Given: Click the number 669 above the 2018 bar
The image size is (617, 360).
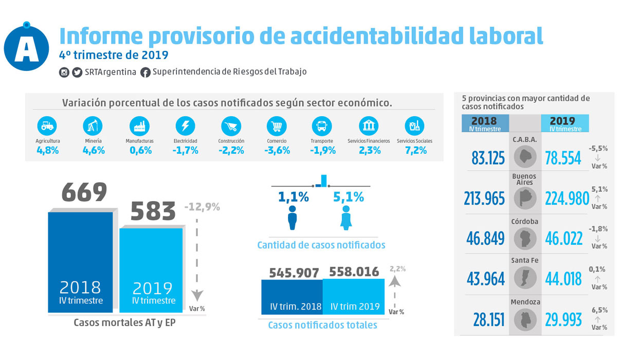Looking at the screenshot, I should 84,192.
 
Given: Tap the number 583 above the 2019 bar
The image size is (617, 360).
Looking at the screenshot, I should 153,211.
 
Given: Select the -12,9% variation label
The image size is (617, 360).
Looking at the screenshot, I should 202,207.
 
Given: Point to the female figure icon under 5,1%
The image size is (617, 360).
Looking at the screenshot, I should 346,218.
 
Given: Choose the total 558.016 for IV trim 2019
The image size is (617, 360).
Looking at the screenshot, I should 354,272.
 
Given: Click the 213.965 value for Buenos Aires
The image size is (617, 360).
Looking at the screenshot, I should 484,199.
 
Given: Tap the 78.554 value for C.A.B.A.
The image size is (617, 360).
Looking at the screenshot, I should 563,158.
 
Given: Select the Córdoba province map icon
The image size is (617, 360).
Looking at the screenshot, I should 525,238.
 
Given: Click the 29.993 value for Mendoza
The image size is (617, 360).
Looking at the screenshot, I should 563,319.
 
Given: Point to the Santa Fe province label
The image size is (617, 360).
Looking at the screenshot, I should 525,261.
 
